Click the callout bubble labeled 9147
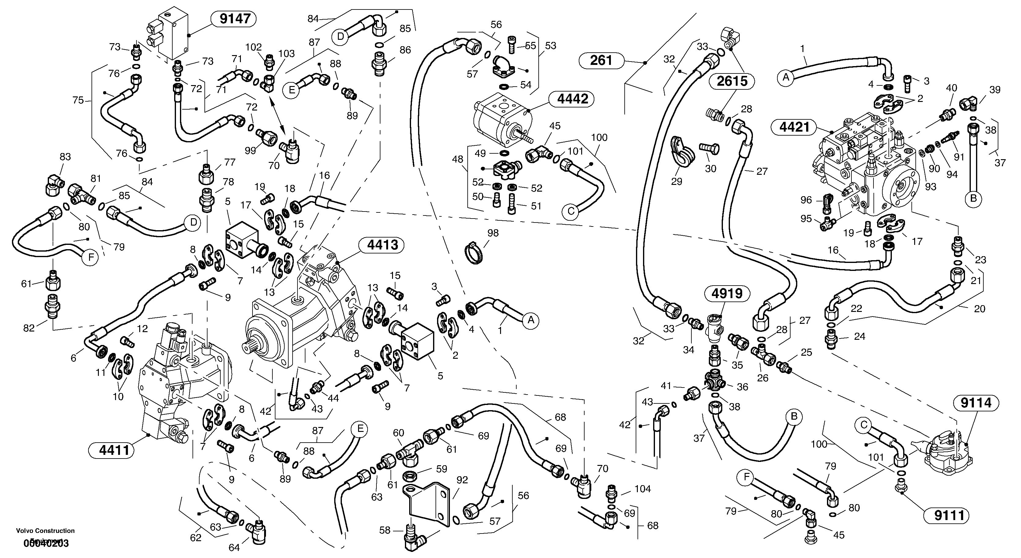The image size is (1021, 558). click(x=235, y=19)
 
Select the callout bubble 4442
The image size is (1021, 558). click(x=572, y=99)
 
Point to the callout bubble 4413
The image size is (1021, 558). click(x=382, y=245)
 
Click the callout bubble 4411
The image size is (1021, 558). click(x=114, y=451)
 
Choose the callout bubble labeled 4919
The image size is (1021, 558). click(x=727, y=294)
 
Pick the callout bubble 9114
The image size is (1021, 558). click(x=976, y=403)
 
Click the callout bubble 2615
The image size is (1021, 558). click(x=732, y=81)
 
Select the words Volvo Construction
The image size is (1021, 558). click(x=45, y=531)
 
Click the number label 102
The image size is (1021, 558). click(x=253, y=47)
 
